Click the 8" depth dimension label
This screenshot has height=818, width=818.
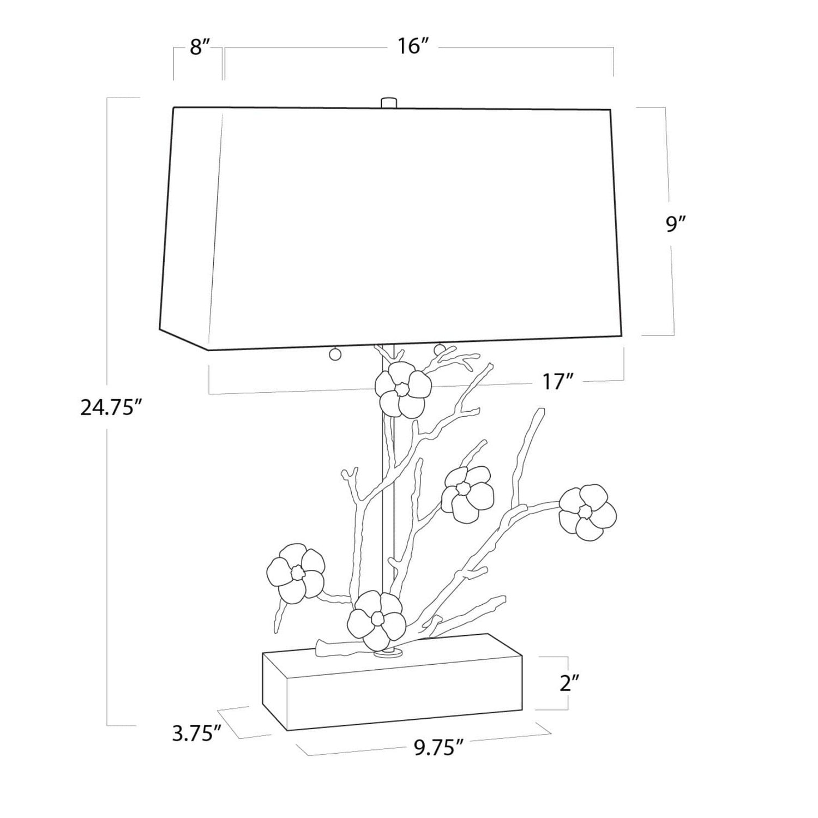[x=200, y=47]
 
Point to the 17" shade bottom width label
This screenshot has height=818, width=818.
[x=556, y=382]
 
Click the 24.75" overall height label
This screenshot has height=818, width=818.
[x=107, y=407]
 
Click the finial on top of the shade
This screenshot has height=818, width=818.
[x=388, y=103]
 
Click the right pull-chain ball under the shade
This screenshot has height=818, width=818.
[x=439, y=347]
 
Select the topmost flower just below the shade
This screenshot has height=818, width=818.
[x=403, y=389]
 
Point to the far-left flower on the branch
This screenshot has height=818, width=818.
[x=296, y=573]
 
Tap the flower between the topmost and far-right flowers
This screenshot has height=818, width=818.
[x=467, y=492]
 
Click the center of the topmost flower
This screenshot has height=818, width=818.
[x=401, y=389]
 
